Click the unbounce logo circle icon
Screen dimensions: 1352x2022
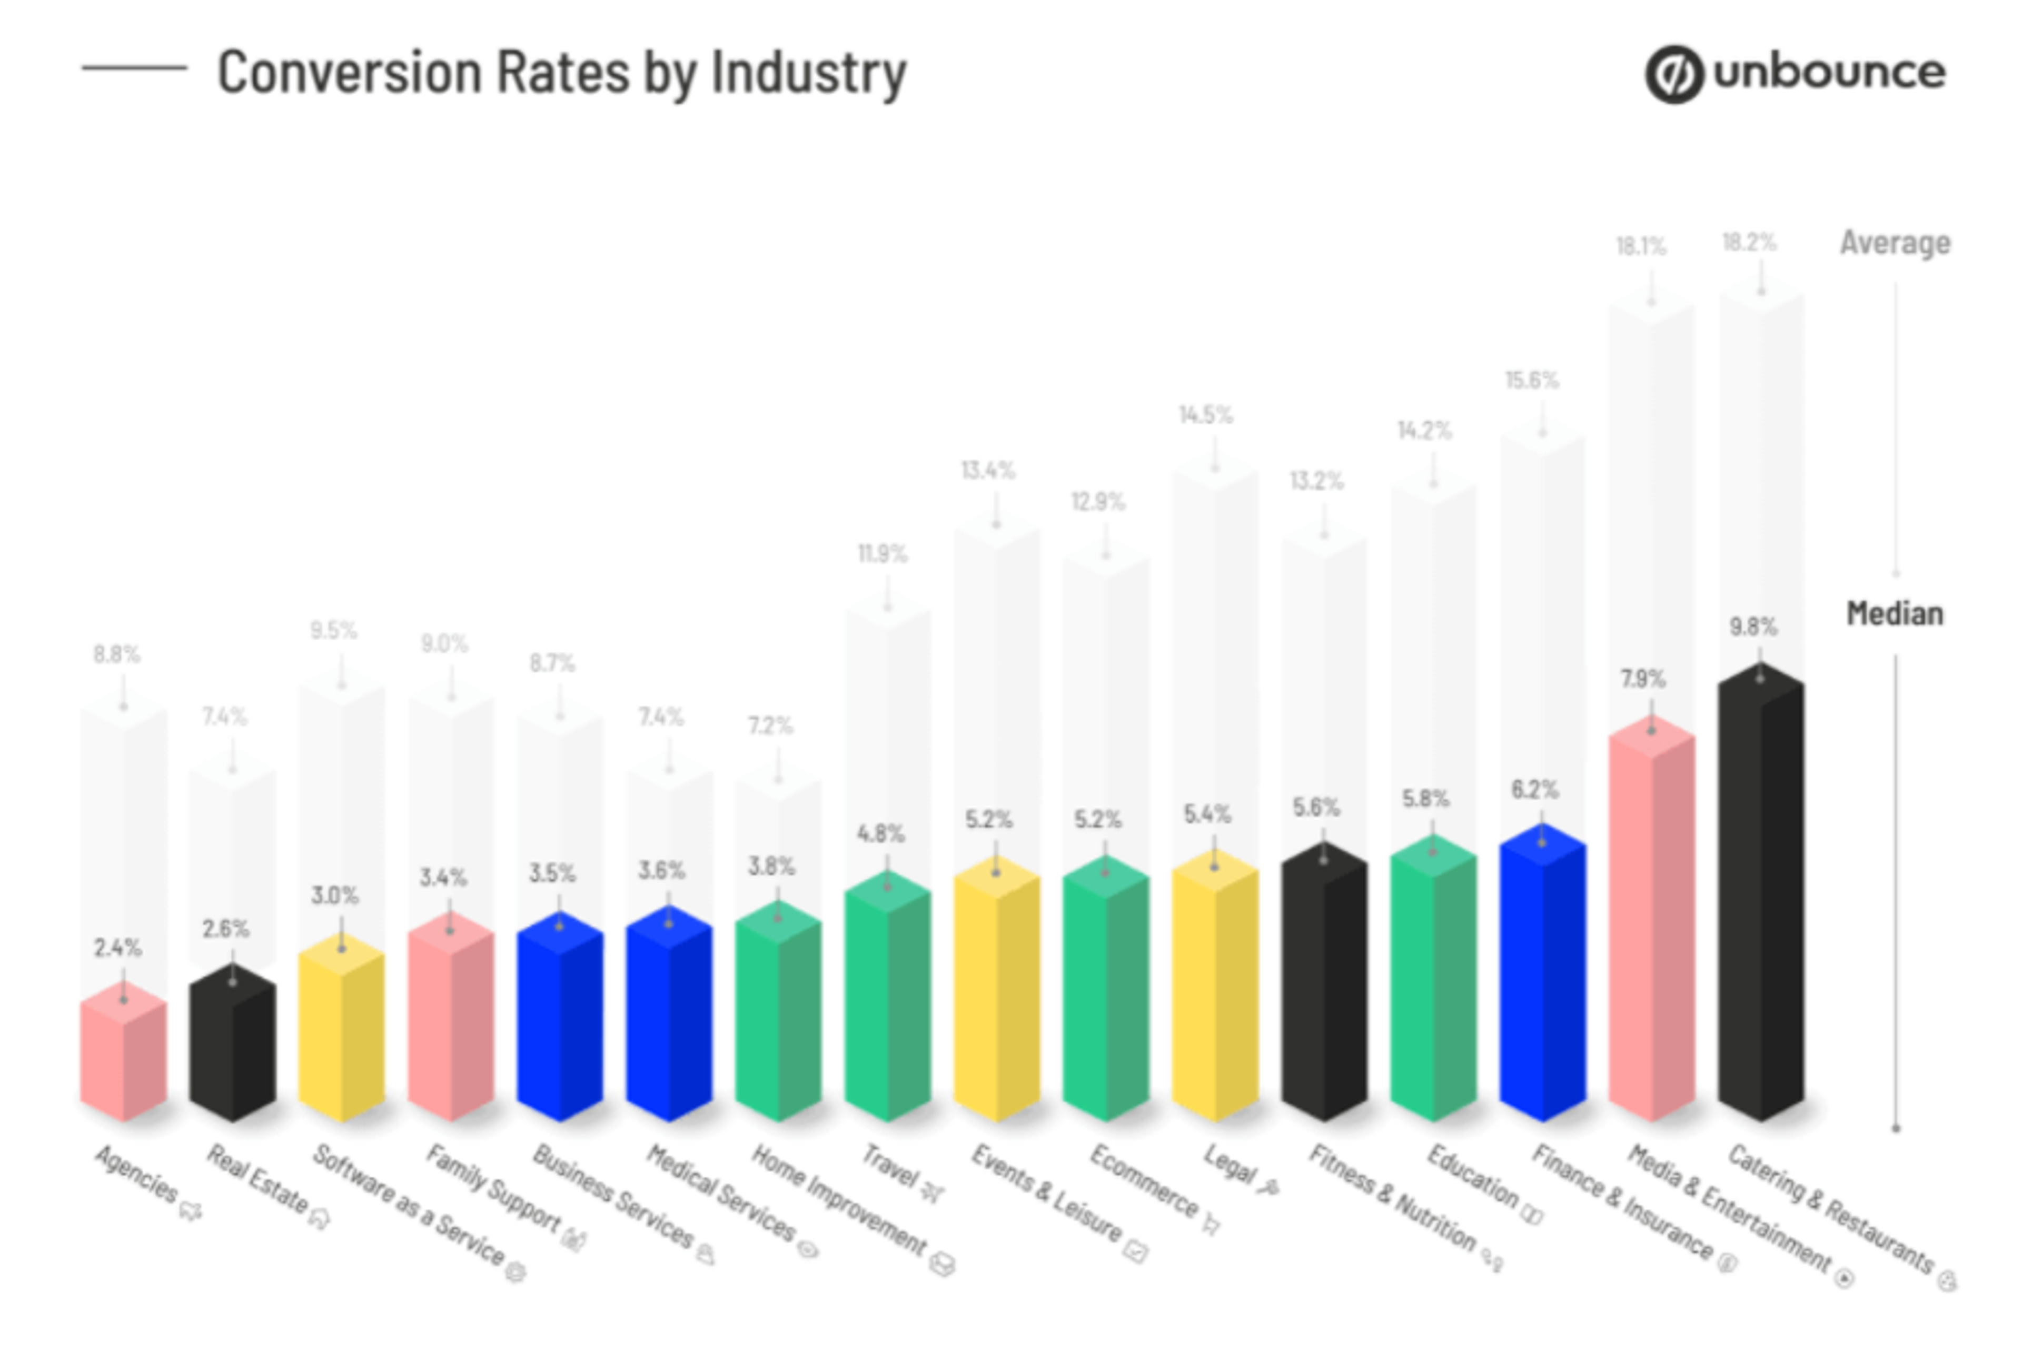point(1673,74)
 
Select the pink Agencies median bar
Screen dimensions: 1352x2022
point(123,1056)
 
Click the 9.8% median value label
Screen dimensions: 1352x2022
point(1753,626)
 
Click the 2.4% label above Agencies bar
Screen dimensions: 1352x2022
point(117,948)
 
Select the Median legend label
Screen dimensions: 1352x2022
point(1895,614)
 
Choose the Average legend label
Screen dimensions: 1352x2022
point(1895,243)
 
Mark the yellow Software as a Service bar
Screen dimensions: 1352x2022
point(341,1035)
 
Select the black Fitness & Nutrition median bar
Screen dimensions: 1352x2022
point(1324,987)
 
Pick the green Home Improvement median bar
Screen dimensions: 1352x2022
point(778,1018)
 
